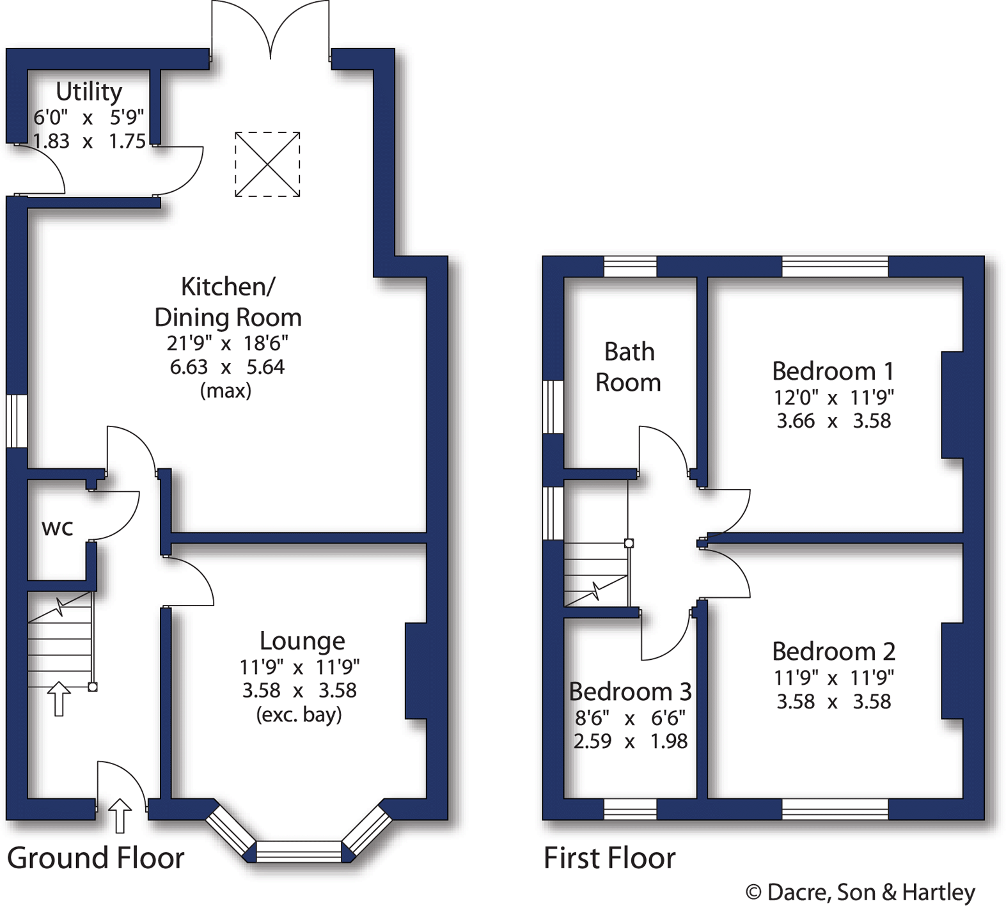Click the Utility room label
(x=89, y=92)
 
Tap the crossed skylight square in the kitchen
(x=267, y=164)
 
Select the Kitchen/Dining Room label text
(x=228, y=302)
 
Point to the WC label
(x=58, y=527)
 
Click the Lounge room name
(x=302, y=641)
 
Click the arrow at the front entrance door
(x=120, y=815)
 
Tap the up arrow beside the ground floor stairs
(x=59, y=698)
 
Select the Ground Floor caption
(x=96, y=858)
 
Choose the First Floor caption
(x=609, y=858)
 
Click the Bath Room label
(x=629, y=367)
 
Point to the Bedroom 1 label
(x=833, y=371)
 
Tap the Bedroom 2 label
(x=833, y=651)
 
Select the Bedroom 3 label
(x=630, y=691)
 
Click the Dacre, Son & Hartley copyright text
(x=860, y=892)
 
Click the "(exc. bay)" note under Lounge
(x=299, y=714)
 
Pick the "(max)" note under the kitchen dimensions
(x=226, y=390)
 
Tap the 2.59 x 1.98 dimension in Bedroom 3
(x=630, y=741)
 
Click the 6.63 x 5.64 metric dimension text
(x=227, y=367)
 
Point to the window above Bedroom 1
(x=835, y=267)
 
